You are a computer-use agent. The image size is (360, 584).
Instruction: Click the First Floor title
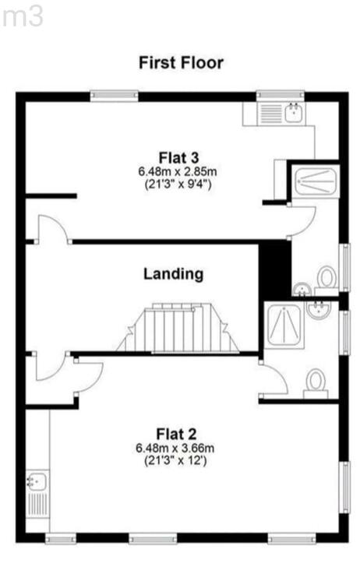pos(181,62)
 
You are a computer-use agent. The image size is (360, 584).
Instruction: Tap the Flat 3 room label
pos(178,157)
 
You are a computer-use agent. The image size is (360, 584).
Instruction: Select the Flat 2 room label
pos(176,434)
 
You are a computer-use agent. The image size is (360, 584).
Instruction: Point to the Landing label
pos(174,274)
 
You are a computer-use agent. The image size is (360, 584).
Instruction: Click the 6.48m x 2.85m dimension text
pos(178,172)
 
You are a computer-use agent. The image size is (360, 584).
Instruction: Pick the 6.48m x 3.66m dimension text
pos(175,448)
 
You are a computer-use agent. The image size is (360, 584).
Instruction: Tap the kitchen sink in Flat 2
pos(37,481)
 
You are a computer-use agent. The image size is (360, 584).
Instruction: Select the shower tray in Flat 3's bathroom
pos(316,181)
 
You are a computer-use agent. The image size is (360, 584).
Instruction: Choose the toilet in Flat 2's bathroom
pos(316,384)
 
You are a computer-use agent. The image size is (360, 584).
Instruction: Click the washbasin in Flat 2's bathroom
pos(319,309)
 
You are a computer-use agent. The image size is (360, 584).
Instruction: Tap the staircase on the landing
pos(178,327)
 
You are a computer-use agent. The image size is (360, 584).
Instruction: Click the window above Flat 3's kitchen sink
pos(281,96)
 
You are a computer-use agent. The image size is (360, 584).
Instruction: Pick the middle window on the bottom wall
pos(153,539)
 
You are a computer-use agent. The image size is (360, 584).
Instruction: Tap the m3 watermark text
pos(23,17)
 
